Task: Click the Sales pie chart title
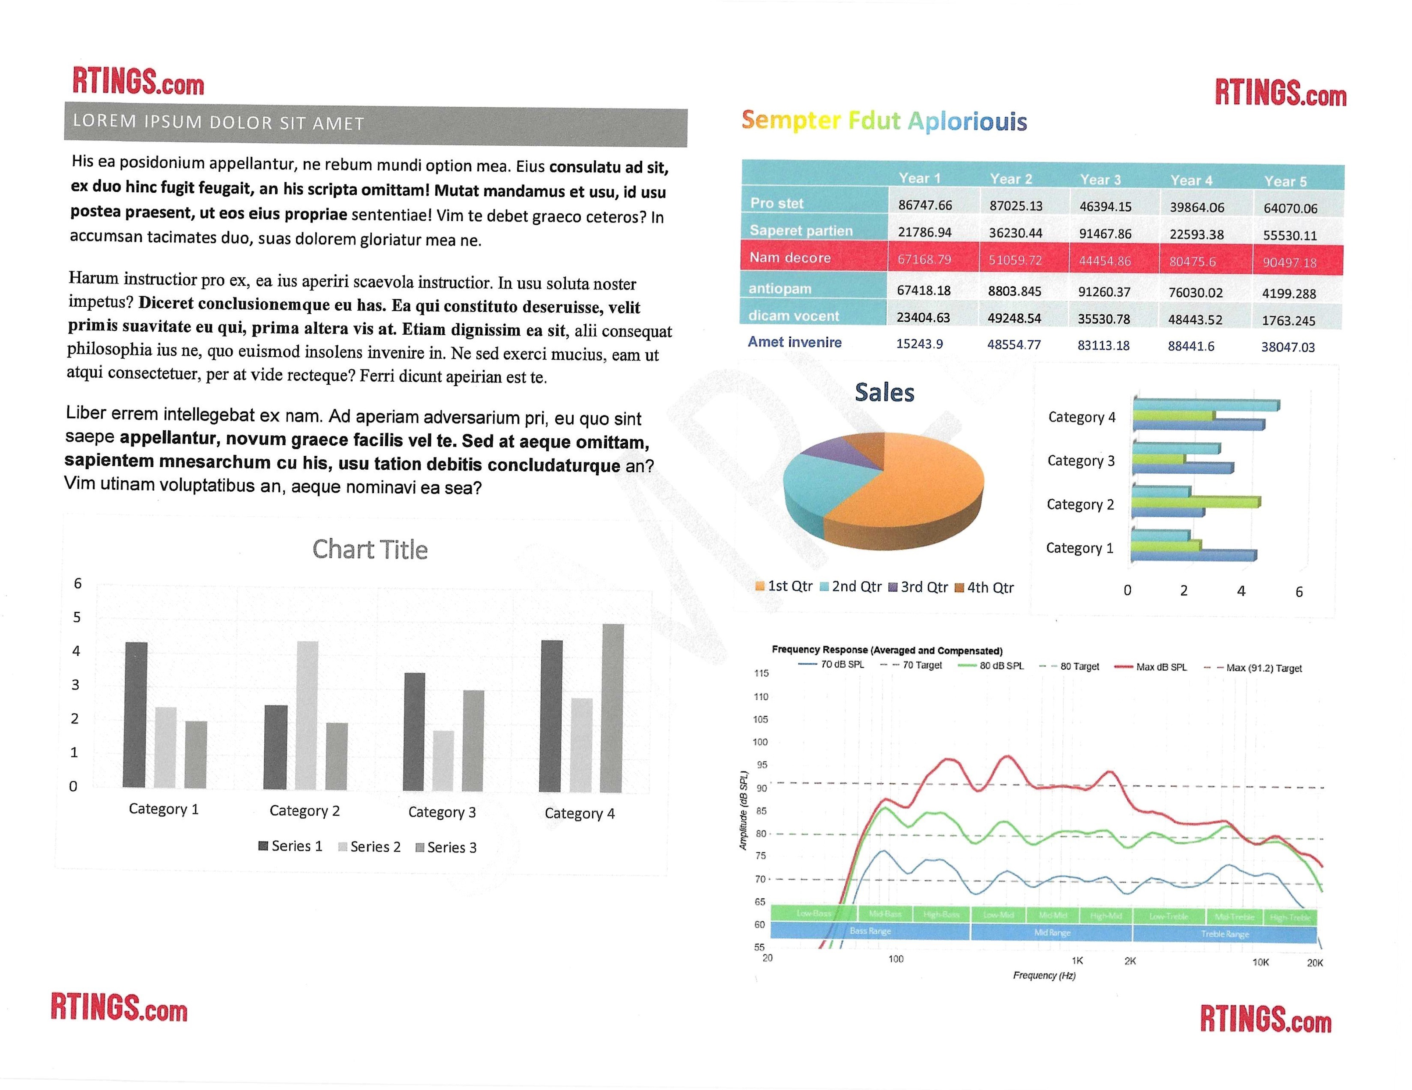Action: (x=884, y=392)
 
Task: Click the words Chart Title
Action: (x=370, y=549)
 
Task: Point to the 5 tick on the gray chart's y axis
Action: (x=77, y=617)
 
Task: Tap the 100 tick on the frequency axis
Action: (x=895, y=959)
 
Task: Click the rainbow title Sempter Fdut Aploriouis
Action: (x=884, y=121)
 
